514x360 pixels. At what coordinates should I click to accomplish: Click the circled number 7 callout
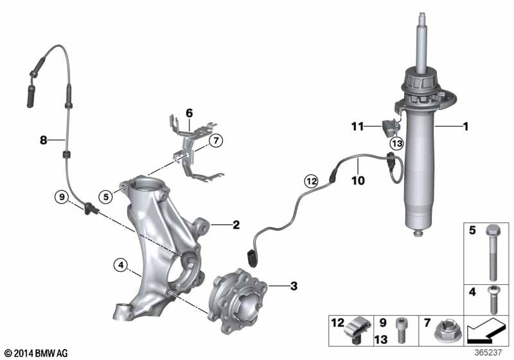[x=215, y=141]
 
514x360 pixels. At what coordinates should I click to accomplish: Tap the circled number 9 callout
[x=62, y=197]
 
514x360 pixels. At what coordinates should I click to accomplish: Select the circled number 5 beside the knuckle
[x=105, y=197]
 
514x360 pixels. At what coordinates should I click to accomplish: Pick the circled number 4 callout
[x=121, y=265]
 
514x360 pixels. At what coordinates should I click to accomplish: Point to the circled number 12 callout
[x=311, y=181]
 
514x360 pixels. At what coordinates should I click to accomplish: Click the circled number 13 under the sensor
[x=396, y=143]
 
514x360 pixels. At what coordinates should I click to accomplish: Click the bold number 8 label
[x=43, y=140]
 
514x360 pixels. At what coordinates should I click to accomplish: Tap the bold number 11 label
[x=358, y=126]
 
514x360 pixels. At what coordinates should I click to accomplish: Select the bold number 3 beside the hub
[x=294, y=286]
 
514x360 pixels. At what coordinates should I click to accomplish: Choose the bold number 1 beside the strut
[x=465, y=126]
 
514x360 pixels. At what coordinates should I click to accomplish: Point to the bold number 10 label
[x=358, y=181]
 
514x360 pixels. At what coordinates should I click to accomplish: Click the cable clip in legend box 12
[x=357, y=330]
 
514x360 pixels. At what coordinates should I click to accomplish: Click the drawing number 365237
[x=488, y=352]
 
